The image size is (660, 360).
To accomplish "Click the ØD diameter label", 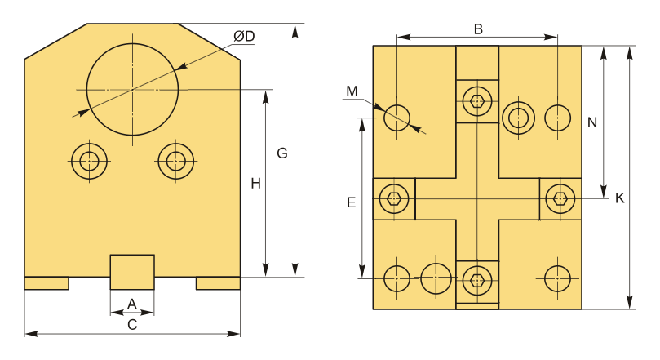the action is tap(244, 37).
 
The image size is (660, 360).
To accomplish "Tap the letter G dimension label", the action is tap(282, 153).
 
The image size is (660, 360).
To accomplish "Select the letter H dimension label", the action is tap(255, 184).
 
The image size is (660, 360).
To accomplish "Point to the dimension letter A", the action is tap(132, 304).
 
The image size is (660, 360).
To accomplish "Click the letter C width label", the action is tap(132, 325).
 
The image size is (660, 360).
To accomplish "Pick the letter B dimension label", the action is tap(478, 29).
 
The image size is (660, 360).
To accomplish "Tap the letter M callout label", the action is tap(352, 91).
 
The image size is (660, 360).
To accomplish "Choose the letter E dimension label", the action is tap(352, 202).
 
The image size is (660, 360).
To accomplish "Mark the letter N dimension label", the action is tap(592, 122).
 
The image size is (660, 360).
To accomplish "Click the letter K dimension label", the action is tap(619, 198).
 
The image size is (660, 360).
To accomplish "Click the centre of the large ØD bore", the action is tap(133, 89).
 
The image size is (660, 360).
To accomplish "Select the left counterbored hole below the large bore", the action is tap(89, 161).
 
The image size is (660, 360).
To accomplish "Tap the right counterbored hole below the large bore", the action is tap(176, 161).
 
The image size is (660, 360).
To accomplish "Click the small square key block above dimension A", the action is tap(132, 272).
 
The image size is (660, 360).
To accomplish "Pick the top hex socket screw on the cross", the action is tap(477, 101).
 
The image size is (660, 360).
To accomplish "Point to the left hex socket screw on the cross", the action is tap(394, 198).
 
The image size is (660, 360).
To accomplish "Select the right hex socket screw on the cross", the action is tap(560, 198).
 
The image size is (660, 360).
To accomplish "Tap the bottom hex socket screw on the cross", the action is tap(477, 279).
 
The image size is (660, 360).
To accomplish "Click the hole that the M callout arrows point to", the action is tap(397, 118).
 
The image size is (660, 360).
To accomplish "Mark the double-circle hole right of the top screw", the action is tap(518, 118).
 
